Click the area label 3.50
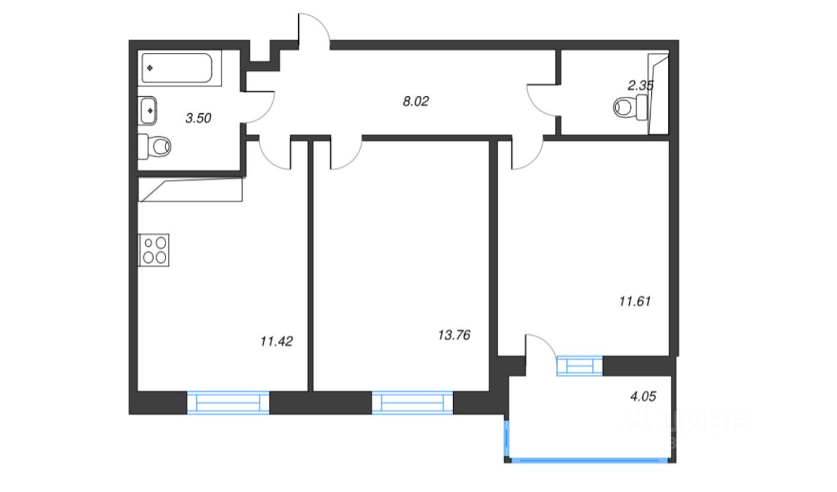tap(199, 118)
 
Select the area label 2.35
tap(640, 84)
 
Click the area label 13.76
tap(454, 335)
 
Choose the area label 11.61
tap(634, 302)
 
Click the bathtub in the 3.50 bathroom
tap(180, 67)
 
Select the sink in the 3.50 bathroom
tap(149, 110)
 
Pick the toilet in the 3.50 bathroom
tap(155, 146)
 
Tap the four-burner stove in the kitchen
tap(154, 249)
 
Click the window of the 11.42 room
tap(228, 402)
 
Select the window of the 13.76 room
tap(412, 402)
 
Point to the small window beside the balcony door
tap(578, 365)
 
